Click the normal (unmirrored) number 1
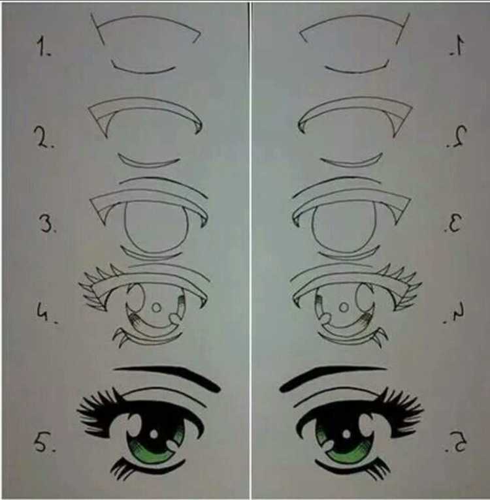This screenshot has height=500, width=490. pyautogui.click(x=42, y=46)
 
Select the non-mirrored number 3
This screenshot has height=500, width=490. pyautogui.click(x=47, y=223)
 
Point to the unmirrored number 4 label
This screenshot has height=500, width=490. pyautogui.click(x=44, y=313)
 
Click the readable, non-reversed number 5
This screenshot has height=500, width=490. pyautogui.click(x=44, y=442)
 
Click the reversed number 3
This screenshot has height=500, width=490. pyautogui.click(x=453, y=223)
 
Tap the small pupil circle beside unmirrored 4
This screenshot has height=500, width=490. pyautogui.click(x=156, y=307)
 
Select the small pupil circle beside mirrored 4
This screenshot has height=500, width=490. pyautogui.click(x=344, y=307)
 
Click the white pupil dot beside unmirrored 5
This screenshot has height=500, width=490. pyautogui.click(x=154, y=434)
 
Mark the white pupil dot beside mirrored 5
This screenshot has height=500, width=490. pyautogui.click(x=346, y=434)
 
